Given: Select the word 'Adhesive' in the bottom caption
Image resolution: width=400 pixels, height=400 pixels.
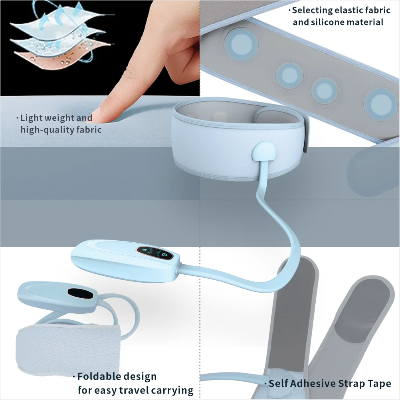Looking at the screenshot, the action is click(313, 383).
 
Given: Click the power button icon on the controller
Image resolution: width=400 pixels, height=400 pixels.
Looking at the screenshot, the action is click(164, 254).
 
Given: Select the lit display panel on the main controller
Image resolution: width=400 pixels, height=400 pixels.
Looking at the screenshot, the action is click(154, 253).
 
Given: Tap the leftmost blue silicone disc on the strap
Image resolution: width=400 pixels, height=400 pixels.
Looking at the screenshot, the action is click(241, 44).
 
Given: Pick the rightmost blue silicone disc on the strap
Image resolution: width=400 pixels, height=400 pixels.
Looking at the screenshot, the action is click(381, 104).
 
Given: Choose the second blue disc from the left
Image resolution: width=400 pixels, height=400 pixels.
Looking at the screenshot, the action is click(289, 76).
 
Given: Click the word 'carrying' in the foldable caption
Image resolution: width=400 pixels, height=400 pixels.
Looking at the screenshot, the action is click(173, 391).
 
